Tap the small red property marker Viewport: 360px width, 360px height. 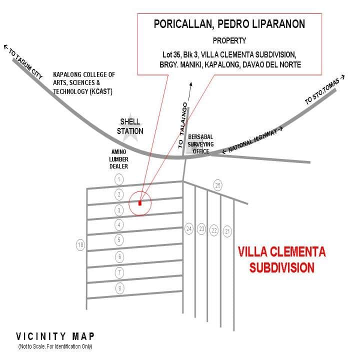click(x=140, y=203)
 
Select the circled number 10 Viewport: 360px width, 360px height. click(x=80, y=245)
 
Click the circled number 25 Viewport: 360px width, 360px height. click(x=217, y=185)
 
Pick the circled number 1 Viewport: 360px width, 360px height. click(x=118, y=178)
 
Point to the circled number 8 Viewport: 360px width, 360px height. click(x=119, y=288)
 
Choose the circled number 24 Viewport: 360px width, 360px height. click(x=189, y=229)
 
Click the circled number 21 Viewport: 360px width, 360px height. click(x=227, y=230)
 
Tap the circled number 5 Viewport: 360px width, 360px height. click(x=119, y=239)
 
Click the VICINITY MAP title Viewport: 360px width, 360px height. click(x=55, y=336)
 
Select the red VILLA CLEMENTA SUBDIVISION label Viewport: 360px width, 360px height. click(x=282, y=259)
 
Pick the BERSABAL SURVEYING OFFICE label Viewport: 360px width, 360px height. click(x=200, y=144)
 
